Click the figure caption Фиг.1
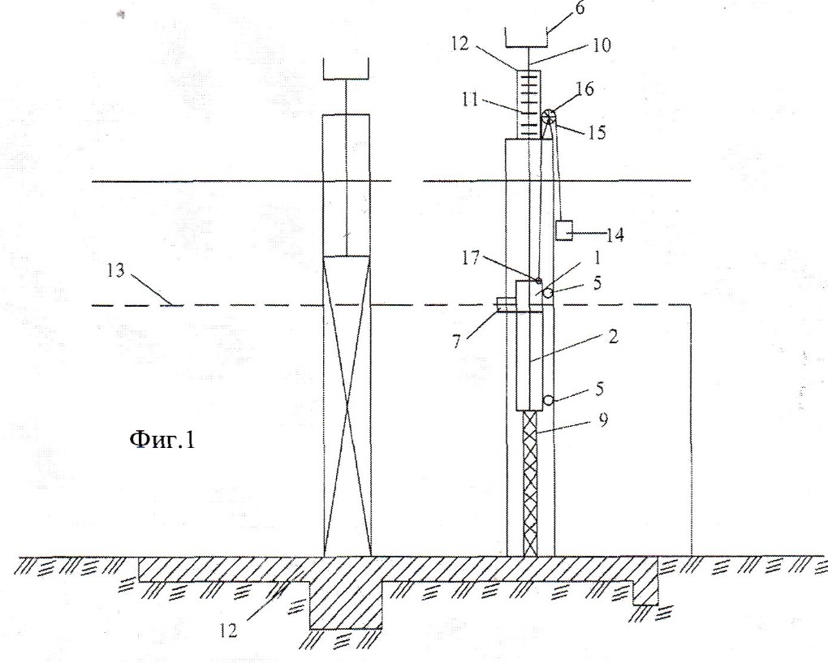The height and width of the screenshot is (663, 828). (x=162, y=439)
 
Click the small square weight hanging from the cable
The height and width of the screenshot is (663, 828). (x=564, y=230)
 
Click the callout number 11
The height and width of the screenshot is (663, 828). (x=469, y=99)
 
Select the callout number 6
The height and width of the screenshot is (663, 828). (x=580, y=8)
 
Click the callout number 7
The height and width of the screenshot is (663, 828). (x=456, y=341)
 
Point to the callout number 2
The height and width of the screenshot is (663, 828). (x=612, y=336)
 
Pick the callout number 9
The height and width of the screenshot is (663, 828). (x=603, y=420)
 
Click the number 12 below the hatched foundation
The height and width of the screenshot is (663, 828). (x=228, y=631)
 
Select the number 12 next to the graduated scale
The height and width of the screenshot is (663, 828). (x=459, y=44)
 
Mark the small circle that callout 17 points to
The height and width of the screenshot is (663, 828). (x=539, y=280)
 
